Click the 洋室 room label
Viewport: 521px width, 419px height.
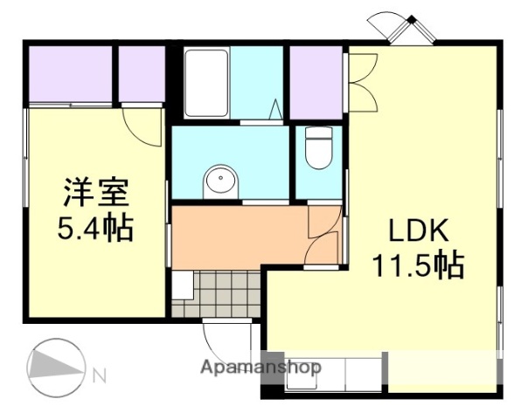coord(95,191)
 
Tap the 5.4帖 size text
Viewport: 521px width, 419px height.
coord(95,228)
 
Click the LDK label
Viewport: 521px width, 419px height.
coord(419,230)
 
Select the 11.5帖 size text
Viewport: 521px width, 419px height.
coord(419,263)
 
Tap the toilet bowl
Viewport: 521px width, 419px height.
coord(319,150)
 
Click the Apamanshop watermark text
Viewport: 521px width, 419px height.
coord(260,367)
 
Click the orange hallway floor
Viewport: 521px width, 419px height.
coord(236,236)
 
